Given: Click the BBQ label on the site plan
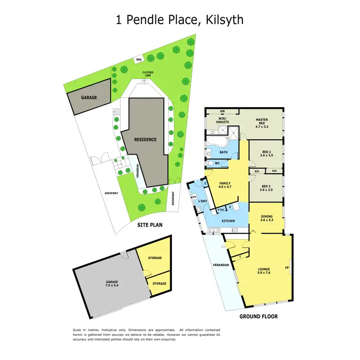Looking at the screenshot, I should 139,60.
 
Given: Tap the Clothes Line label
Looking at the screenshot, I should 148,74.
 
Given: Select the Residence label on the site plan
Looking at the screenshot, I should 145,140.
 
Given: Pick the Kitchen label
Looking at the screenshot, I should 228,221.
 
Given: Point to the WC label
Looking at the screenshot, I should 217,163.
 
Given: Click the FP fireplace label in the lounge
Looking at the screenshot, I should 287,267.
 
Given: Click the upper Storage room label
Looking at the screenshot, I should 155,258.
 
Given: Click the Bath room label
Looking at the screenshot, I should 224,152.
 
